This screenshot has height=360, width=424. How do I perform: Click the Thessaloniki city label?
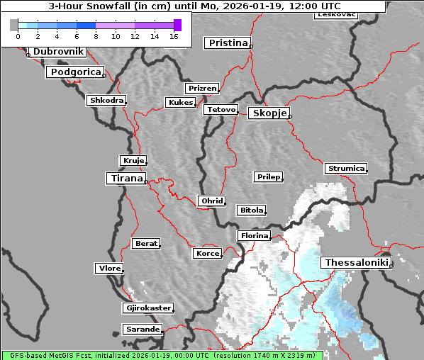tap(357, 263)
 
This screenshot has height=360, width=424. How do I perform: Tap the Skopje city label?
tap(268, 113)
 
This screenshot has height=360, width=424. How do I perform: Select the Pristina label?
tap(228, 43)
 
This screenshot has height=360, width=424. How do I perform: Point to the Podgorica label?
tap(75, 72)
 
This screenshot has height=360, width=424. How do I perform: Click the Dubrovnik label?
tap(58, 52)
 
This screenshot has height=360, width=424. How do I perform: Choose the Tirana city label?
tap(125, 179)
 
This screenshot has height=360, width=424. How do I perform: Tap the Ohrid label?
tap(212, 201)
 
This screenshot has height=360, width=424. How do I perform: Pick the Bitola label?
tap(251, 210)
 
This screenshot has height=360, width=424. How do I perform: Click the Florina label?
tap(254, 235)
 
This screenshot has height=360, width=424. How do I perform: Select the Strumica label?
tap(346, 169)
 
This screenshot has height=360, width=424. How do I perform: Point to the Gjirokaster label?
tap(147, 308)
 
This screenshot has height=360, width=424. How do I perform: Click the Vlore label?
tap(109, 269)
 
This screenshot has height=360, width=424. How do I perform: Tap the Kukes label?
tap(180, 103)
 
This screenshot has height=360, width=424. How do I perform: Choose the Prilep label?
tap(269, 176)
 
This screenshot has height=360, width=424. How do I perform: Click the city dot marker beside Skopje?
tap(289, 117)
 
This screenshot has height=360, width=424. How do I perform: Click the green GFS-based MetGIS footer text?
tap(162, 355)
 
